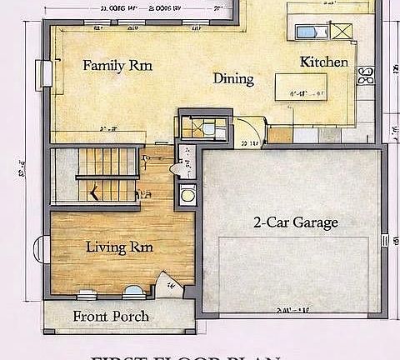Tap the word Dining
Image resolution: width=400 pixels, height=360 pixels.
pyautogui.click(x=233, y=78)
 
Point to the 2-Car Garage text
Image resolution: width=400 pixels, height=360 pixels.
pyautogui.click(x=295, y=222)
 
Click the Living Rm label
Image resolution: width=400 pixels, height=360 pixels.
pyautogui.click(x=119, y=247)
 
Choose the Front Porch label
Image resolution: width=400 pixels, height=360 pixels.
pyautogui.click(x=111, y=316)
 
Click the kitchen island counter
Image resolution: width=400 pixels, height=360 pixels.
pyautogui.click(x=300, y=86)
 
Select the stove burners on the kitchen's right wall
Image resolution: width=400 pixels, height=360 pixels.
pyautogui.click(x=364, y=77)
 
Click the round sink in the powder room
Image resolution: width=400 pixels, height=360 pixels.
pyautogui.click(x=187, y=197)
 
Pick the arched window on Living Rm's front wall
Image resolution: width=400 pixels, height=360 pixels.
pyautogui.click(x=132, y=292)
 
